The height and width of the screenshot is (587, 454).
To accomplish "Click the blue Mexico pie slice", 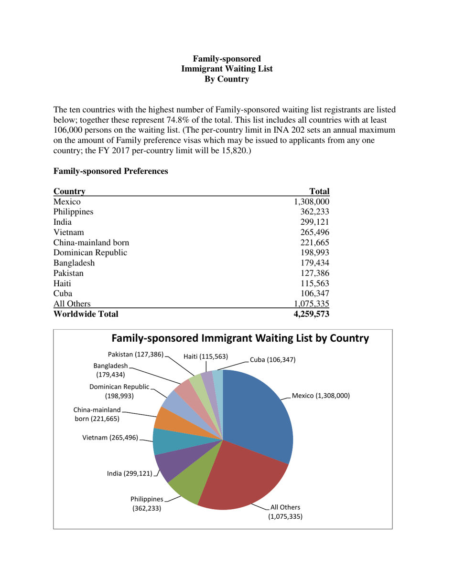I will click(258, 410).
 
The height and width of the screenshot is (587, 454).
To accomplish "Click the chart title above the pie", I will click(240, 338).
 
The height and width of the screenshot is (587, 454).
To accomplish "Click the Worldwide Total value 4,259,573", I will click(310, 314).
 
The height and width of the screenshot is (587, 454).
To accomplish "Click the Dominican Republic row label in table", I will click(90, 252).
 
